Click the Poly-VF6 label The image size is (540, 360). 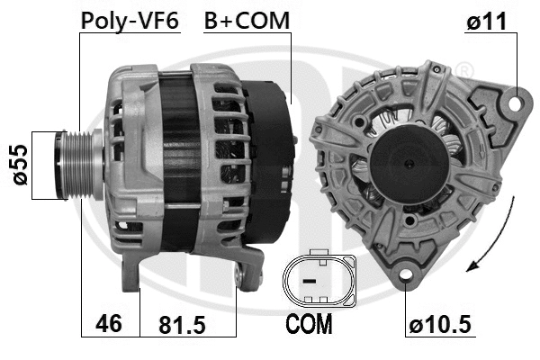tap(130, 20)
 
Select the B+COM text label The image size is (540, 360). tap(247, 20)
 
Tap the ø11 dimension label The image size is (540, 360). tap(490, 20)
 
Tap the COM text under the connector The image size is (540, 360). tap(309, 322)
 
